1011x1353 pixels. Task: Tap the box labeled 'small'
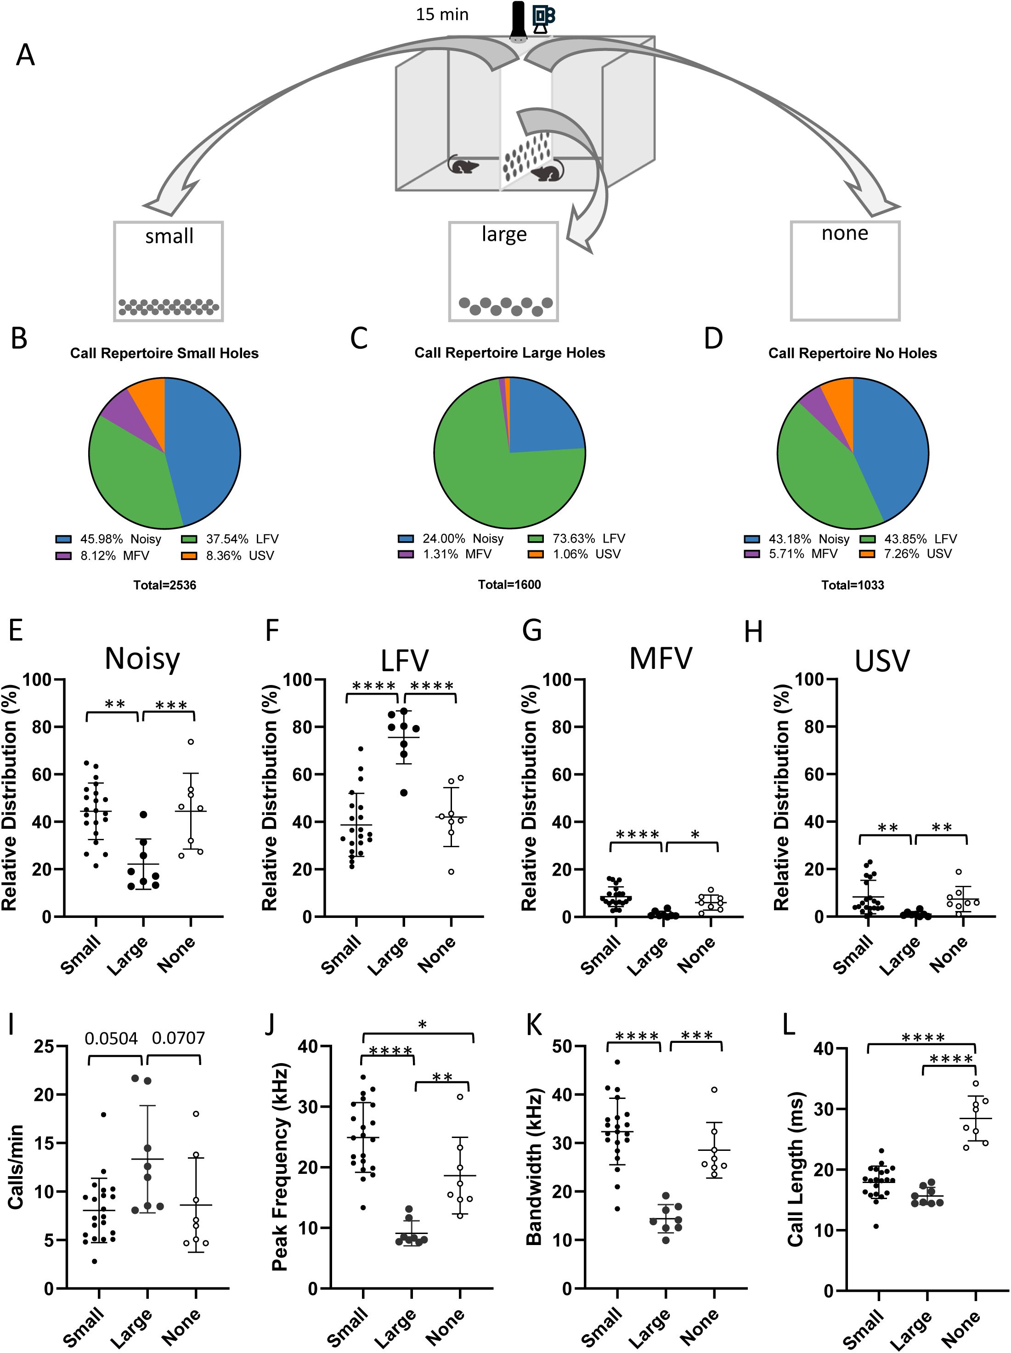click(x=168, y=271)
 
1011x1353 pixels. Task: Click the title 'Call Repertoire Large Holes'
click(x=509, y=353)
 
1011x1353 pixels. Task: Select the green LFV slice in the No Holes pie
click(x=819, y=477)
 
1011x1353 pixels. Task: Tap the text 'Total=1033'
click(x=853, y=585)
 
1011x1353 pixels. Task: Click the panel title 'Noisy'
click(x=142, y=659)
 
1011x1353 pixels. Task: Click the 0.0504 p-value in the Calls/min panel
click(x=111, y=1038)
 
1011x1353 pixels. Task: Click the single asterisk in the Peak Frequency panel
click(x=422, y=1025)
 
